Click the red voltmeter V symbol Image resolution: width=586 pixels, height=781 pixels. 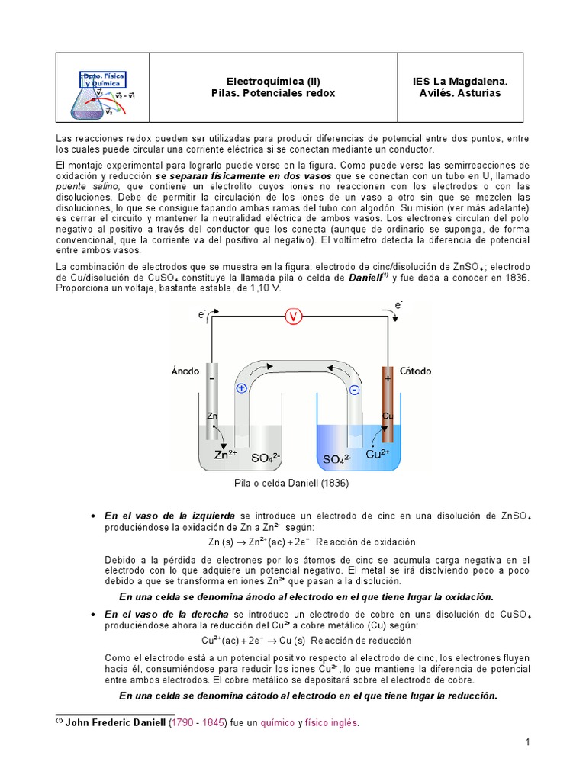pyautogui.click(x=294, y=317)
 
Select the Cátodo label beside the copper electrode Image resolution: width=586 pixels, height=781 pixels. pyautogui.click(x=415, y=371)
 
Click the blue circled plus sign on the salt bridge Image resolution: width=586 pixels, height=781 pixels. pyautogui.click(x=242, y=388)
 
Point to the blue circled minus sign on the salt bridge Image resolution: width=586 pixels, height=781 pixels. pyautogui.click(x=354, y=390)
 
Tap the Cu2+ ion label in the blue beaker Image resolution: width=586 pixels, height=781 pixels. pyautogui.click(x=378, y=454)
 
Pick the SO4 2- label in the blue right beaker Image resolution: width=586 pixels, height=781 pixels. pyautogui.click(x=336, y=459)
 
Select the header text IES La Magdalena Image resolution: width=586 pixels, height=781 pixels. pyautogui.click(x=459, y=81)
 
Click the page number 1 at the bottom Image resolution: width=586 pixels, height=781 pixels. pyautogui.click(x=526, y=742)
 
